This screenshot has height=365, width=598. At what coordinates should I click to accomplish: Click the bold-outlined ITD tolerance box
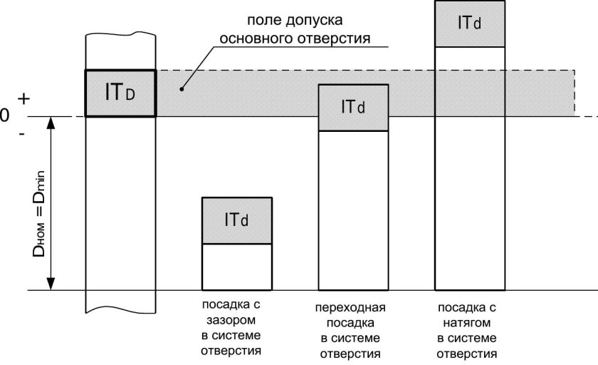coord(120,93)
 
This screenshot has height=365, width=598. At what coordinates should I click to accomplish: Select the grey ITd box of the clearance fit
coord(237,220)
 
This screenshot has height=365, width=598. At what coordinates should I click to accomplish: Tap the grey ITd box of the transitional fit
coord(353,108)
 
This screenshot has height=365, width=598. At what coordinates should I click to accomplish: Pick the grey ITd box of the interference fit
coord(470,23)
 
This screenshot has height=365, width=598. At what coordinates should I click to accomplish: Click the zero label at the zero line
coord(5,116)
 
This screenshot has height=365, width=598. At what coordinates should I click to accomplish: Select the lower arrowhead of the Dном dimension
coord(51,284)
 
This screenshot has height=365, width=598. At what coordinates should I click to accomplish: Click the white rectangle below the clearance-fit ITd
coord(237,267)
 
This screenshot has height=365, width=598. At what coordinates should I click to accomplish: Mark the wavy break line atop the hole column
coord(120,34)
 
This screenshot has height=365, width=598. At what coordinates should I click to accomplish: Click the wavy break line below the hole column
coord(120,312)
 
